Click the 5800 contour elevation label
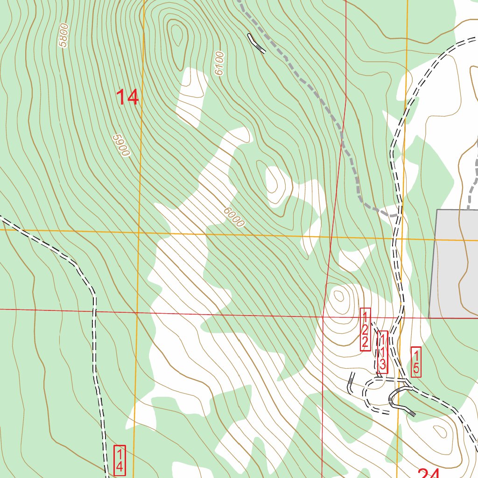click(64, 35)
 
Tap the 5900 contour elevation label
click(120, 145)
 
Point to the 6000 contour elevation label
click(233, 217)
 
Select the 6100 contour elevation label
click(219, 63)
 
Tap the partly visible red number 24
click(429, 472)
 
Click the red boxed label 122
click(366, 329)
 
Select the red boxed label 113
click(382, 352)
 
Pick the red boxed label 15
click(416, 362)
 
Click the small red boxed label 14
click(119, 460)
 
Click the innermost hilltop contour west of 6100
click(177, 33)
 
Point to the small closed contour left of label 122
click(338, 295)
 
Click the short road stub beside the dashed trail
click(256, 43)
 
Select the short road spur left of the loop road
click(351, 383)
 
